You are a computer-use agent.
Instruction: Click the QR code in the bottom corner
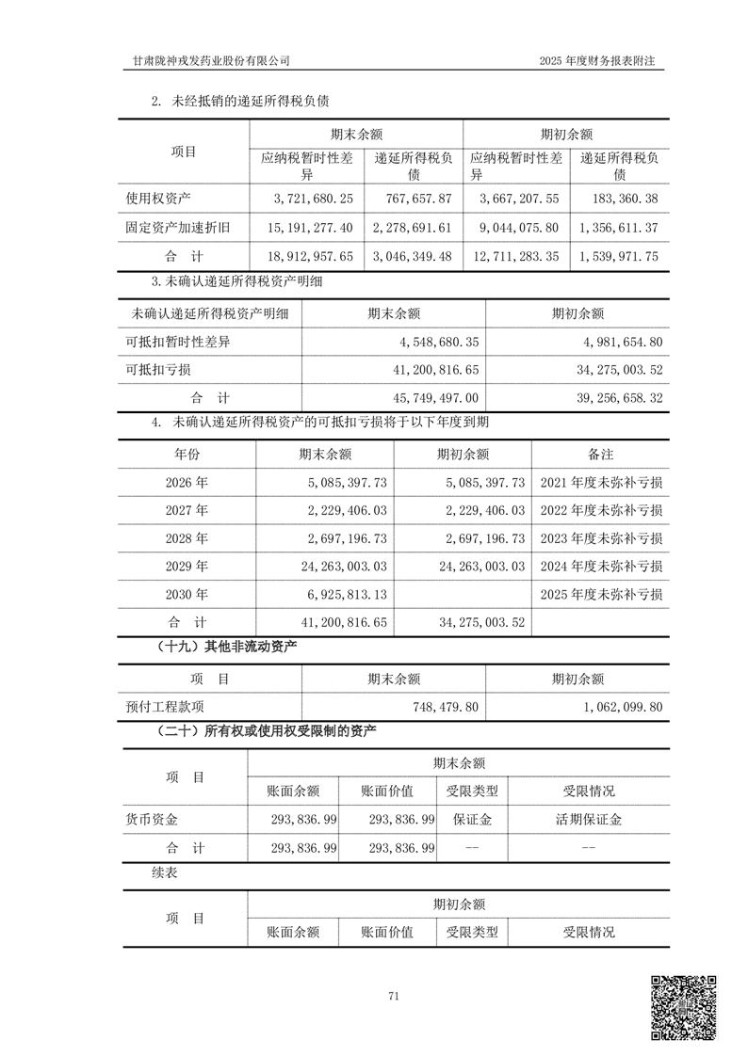click(684, 1007)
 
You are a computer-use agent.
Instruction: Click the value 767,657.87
click(415, 199)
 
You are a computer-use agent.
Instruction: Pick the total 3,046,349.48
click(415, 255)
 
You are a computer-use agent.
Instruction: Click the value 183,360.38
click(620, 199)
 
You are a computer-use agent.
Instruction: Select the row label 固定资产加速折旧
click(179, 227)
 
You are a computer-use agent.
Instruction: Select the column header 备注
click(601, 454)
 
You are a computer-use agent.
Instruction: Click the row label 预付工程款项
click(164, 706)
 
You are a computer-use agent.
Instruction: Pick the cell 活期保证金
click(589, 820)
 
